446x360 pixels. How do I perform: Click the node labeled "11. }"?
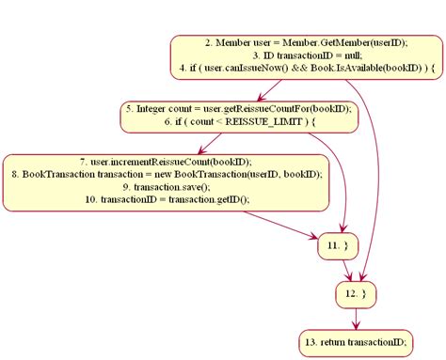340,244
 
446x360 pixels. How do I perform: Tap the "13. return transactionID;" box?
355,339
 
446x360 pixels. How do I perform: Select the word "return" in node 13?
333,339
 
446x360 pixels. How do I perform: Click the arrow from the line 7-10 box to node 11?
282,227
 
